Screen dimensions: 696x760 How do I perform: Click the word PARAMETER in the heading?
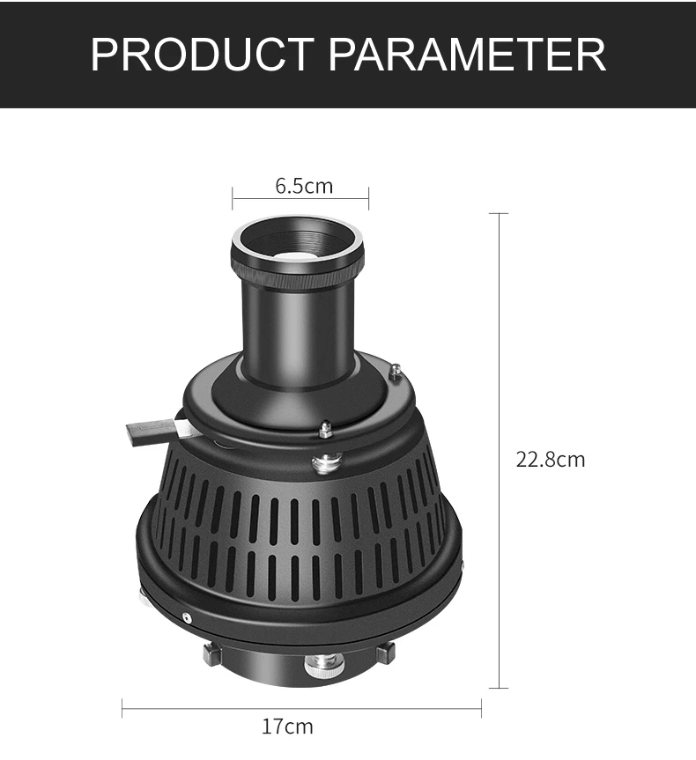[x=467, y=54]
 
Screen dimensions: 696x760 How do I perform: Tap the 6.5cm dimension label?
[x=304, y=186]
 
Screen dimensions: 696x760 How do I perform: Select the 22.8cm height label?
[x=550, y=459]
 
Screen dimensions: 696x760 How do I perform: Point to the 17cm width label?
[x=287, y=726]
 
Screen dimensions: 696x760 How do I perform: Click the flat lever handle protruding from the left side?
[x=155, y=431]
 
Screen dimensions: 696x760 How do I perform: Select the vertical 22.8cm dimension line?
[x=499, y=450]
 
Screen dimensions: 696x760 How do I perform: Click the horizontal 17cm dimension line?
[x=301, y=708]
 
